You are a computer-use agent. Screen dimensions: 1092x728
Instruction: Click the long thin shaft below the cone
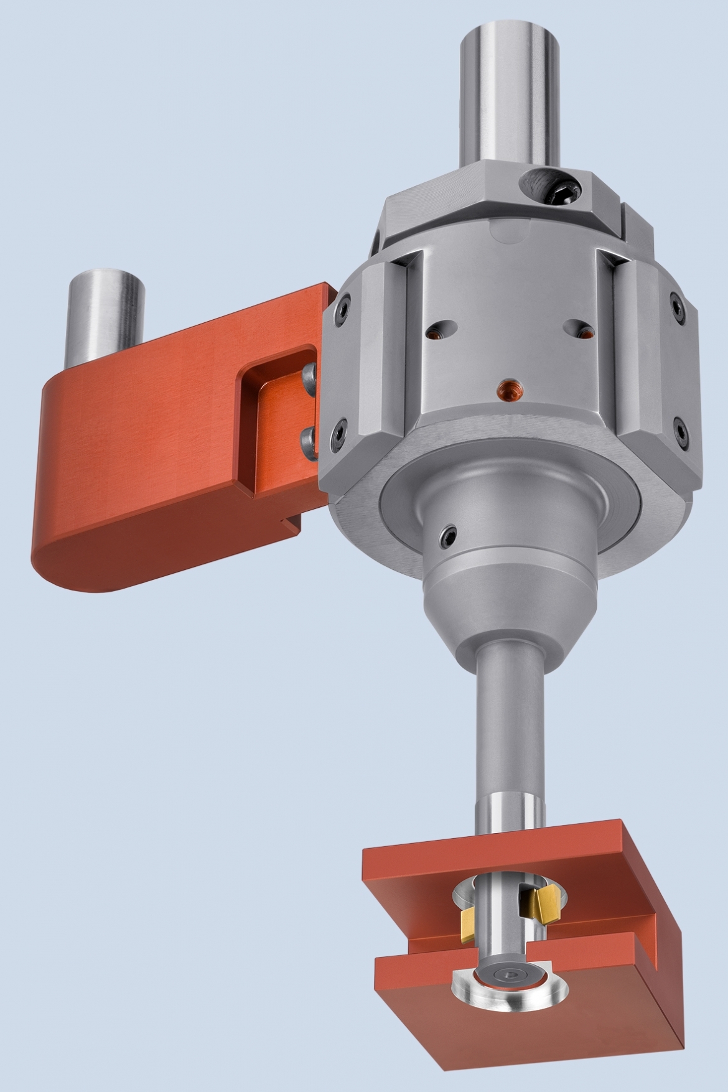point(509,734)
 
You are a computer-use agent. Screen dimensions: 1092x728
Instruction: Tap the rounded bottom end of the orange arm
point(87,566)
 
